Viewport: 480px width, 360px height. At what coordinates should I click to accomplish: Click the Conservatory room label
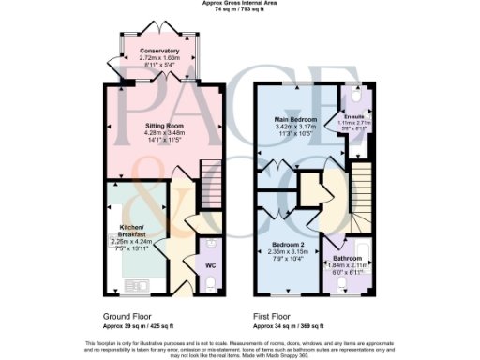(158, 51)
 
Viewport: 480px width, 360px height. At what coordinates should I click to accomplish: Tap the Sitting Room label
(163, 125)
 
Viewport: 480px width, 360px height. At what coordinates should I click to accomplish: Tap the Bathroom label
(347, 258)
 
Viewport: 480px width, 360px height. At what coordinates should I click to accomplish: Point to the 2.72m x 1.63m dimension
(158, 58)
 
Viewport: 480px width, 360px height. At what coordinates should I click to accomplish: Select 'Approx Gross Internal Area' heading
(240, 4)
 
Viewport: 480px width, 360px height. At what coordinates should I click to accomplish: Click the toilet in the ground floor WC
(211, 245)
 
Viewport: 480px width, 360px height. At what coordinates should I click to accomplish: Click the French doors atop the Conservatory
(158, 33)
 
